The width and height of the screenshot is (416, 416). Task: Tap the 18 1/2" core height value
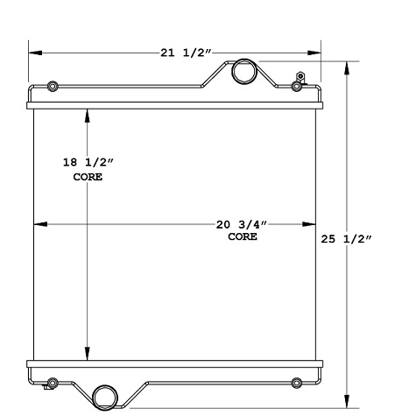pyautogui.click(x=87, y=163)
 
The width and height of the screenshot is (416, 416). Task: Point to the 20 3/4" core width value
pyautogui.click(x=243, y=224)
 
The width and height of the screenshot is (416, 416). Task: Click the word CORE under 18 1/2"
pyautogui.click(x=87, y=177)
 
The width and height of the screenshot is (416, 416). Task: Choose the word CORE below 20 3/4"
pyautogui.click(x=243, y=236)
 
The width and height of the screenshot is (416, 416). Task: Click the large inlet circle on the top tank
pyautogui.click(x=243, y=73)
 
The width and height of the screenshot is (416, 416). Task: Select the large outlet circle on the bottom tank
pyautogui.click(x=105, y=396)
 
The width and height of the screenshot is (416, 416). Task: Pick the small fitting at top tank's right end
pyautogui.click(x=298, y=84)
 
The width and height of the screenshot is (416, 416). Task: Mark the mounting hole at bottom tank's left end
pyautogui.click(x=53, y=383)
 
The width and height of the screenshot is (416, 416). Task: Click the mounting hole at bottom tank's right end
pyautogui.click(x=296, y=383)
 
